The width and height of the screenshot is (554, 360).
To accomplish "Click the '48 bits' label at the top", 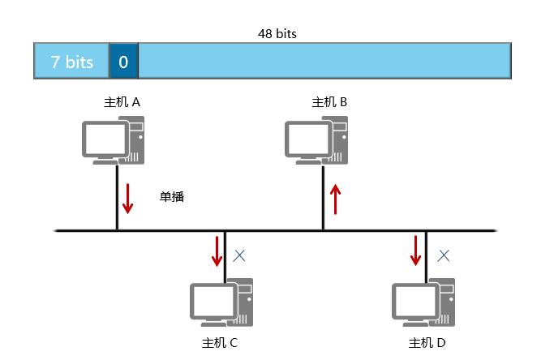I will [x=277, y=35].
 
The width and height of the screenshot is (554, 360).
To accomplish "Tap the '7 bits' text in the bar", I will [x=72, y=62].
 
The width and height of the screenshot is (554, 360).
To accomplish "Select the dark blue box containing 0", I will [x=123, y=62].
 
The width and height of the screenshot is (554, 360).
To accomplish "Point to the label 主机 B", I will [x=329, y=102].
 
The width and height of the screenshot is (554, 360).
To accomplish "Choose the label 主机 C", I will [x=220, y=342].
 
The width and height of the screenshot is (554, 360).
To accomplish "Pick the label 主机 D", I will [x=427, y=342].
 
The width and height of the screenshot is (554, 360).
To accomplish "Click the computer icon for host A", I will [x=113, y=139].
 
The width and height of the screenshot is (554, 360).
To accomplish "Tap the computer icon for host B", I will [x=316, y=139].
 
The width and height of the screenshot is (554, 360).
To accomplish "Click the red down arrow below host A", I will [x=127, y=198].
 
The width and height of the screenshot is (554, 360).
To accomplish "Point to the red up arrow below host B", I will [x=335, y=199].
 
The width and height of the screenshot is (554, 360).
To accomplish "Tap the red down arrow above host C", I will [x=217, y=251].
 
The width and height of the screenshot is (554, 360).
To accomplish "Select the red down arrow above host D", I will [x=416, y=251].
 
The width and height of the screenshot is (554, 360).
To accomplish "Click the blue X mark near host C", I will [x=239, y=255].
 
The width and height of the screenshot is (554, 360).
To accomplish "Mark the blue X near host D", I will [x=444, y=255].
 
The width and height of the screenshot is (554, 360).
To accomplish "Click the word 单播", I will [x=172, y=196].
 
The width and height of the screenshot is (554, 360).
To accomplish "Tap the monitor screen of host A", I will [x=103, y=139].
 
